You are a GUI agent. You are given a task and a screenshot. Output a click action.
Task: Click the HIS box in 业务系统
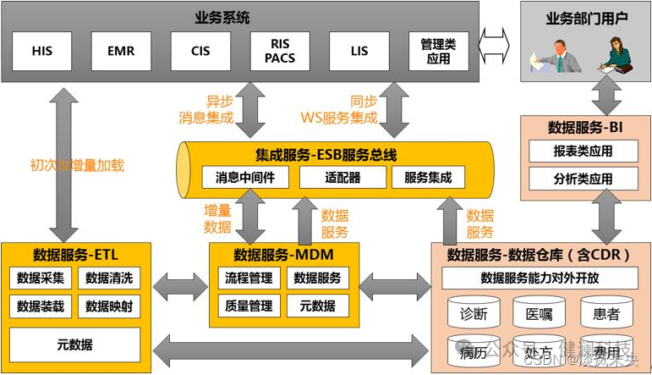[42, 51]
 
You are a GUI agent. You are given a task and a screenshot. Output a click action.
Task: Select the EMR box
[121, 51]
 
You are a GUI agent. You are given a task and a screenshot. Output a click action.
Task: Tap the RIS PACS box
[280, 51]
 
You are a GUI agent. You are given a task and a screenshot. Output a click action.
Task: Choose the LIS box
[359, 51]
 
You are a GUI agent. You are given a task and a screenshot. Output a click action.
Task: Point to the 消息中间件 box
[244, 178]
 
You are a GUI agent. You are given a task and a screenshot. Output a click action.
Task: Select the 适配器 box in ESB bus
[342, 178]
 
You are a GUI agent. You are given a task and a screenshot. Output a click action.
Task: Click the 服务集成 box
[428, 178]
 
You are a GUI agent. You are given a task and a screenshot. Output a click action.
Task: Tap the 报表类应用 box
[582, 152]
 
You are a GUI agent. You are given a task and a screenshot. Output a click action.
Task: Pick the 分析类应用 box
[582, 179]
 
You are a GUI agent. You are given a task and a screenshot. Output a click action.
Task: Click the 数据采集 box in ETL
[41, 278]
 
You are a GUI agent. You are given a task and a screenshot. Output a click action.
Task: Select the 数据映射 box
[109, 306]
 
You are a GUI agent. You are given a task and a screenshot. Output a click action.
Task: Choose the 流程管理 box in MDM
[249, 278]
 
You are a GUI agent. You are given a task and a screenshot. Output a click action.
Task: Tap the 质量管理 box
[249, 306]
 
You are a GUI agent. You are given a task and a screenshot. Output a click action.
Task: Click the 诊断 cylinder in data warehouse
[474, 314]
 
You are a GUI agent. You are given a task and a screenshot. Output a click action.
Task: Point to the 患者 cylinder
[605, 314]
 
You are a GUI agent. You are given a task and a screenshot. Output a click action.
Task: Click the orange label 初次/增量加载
[77, 166]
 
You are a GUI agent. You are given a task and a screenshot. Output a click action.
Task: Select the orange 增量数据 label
[217, 218]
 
